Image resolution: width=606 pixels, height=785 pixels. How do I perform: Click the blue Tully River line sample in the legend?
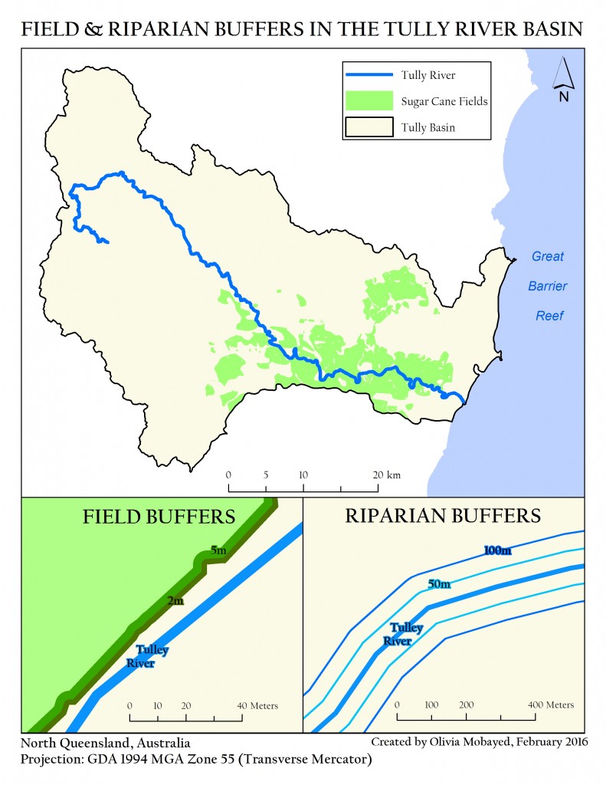coord(370,75)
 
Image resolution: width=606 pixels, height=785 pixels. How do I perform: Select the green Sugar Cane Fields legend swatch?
coord(370,100)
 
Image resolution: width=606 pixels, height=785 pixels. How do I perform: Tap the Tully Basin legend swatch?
coord(370,126)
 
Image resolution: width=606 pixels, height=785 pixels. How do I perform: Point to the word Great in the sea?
coord(548,257)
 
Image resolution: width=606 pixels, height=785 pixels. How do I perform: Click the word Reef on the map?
coord(549,316)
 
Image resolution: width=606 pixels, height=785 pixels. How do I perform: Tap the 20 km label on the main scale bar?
coord(386,475)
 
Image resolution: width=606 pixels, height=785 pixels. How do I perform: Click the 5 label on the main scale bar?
coord(266,475)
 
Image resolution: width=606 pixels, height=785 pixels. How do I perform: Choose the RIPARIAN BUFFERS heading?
coord(444,515)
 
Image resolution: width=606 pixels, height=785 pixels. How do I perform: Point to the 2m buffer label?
coord(175,601)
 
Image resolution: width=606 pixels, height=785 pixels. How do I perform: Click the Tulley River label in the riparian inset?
coord(401,635)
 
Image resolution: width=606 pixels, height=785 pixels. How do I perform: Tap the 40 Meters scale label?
coord(257,705)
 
